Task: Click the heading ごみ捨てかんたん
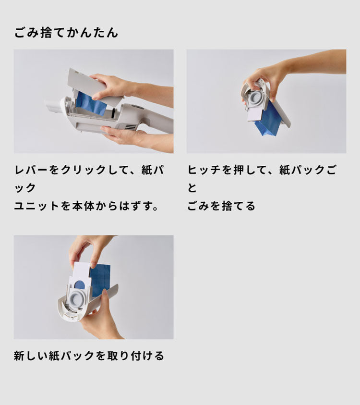pos(66,33)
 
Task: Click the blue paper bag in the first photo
pos(91,104)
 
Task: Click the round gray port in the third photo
pos(79,296)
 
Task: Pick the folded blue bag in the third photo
pos(100,279)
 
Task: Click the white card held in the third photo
pos(80,271)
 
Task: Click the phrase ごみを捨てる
pos(221,206)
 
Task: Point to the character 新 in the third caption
pos(20,356)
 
